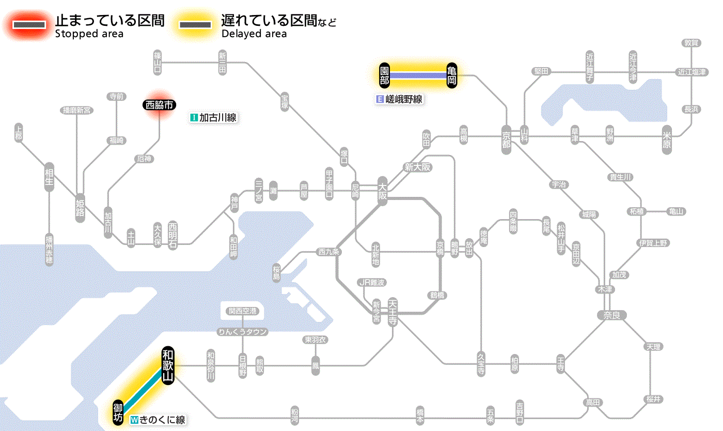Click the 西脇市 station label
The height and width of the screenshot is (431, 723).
[160, 105]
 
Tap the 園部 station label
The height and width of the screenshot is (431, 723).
[384, 75]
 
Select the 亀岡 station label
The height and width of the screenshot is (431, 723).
[452, 75]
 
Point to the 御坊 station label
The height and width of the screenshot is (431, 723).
[118, 412]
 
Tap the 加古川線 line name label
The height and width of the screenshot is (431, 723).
[213, 118]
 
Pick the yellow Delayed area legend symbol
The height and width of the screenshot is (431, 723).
[196, 24]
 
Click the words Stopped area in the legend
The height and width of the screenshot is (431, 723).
[89, 34]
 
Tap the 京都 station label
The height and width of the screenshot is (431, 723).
[506, 140]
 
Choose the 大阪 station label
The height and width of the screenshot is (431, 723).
[382, 192]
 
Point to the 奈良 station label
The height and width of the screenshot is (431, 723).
[611, 315]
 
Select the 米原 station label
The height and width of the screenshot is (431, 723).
[667, 140]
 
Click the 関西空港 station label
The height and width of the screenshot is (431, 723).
[246, 311]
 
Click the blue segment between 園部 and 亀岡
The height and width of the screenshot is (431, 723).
[418, 75]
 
